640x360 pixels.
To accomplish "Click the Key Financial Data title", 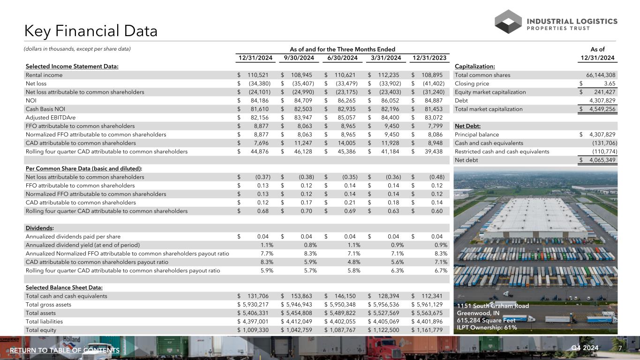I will [91, 31].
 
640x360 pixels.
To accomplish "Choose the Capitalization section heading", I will [475, 67].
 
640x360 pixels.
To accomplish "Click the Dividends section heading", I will [39, 228].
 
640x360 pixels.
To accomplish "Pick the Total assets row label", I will [41, 313].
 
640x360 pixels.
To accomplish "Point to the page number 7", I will [620, 349].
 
